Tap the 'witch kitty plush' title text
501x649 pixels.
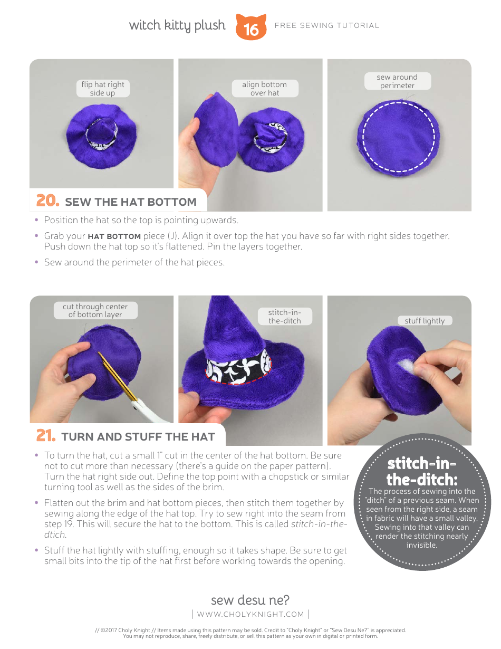(x=177, y=25)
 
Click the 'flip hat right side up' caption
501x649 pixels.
(x=103, y=89)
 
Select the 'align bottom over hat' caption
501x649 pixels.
(x=264, y=89)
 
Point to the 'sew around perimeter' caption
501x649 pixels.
(x=397, y=81)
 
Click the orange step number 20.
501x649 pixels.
(x=47, y=201)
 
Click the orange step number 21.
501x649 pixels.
(x=46, y=436)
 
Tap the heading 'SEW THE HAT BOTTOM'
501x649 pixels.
(x=130, y=202)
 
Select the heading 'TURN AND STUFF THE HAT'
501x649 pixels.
(x=138, y=437)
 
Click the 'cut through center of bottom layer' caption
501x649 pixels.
(x=95, y=310)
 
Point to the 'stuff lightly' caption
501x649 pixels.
(x=425, y=321)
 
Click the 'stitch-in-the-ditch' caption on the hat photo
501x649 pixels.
(x=284, y=317)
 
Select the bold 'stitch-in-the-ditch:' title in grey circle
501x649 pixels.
(x=421, y=471)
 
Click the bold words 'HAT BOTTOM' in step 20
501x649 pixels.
(x=114, y=236)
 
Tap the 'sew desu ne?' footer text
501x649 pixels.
(x=250, y=600)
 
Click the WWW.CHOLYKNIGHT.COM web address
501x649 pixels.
(x=250, y=614)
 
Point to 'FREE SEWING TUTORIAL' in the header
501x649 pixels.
(x=327, y=25)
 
